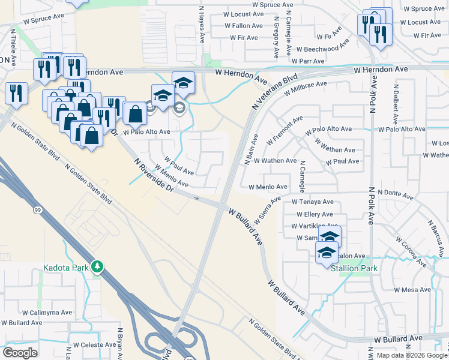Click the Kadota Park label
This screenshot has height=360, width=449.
pyautogui.click(x=65, y=267)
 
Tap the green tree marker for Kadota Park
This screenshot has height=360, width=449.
pyautogui.click(x=97, y=267)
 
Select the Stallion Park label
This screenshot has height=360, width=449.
pyautogui.click(x=354, y=268)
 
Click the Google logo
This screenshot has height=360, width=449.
pyautogui.click(x=20, y=353)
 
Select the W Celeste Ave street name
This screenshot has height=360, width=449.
pyautogui.click(x=94, y=345)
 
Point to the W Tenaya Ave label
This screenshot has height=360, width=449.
pyautogui.click(x=312, y=202)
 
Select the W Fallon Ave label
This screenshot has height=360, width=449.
pyautogui.click(x=244, y=26)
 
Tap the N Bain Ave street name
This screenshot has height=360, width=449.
pyautogui.click(x=251, y=149)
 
